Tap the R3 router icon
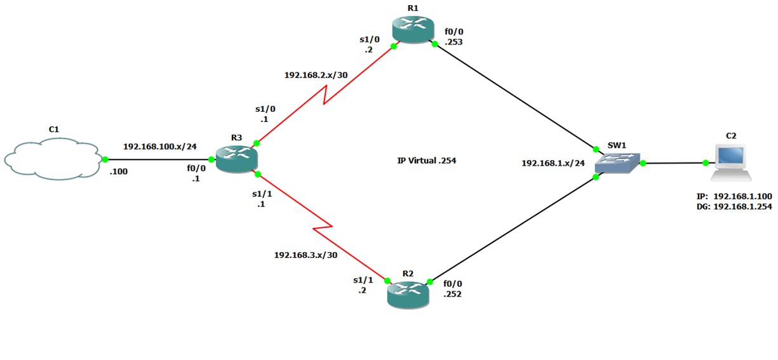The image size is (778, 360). pos(235,158)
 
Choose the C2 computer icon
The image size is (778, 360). pos(730,162)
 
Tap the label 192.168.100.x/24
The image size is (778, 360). pos(159,147)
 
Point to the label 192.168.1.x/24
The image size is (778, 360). pos(553,163)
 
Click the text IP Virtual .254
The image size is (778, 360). pos(426,161)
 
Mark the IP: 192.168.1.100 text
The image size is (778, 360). pos(734,196)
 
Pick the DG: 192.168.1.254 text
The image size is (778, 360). pos(734,206)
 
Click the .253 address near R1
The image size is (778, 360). pos(453,42)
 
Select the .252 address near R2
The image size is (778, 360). pos(453,294)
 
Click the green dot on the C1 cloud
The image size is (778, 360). pos(105,159)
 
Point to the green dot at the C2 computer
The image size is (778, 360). pos(706,163)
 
